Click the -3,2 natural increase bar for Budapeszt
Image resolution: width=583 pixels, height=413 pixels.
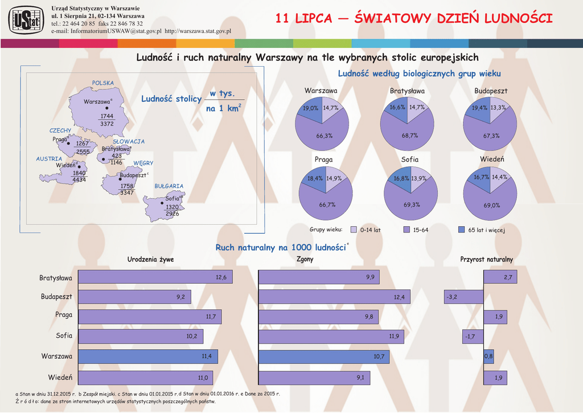[463, 297]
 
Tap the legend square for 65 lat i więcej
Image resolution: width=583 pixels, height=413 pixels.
[462, 230]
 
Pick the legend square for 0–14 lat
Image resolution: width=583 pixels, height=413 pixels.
[354, 230]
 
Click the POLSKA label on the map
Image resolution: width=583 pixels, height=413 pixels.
[103, 83]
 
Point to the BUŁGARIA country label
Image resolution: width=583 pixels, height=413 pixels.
[169, 186]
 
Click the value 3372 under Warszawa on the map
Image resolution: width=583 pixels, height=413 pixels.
[106, 124]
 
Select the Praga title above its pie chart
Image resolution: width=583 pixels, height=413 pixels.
[323, 160]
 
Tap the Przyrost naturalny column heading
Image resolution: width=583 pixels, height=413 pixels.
[486, 260]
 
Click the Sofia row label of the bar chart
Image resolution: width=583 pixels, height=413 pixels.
[64, 336]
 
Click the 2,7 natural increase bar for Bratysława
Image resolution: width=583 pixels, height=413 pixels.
[500, 277]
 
